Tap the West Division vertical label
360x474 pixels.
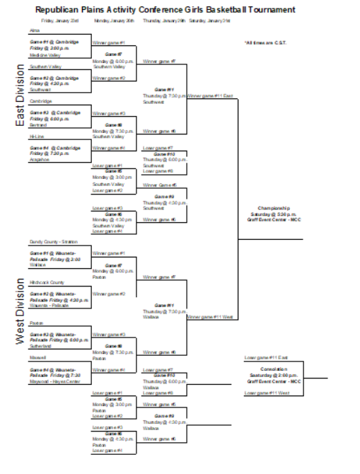click(x=20, y=311)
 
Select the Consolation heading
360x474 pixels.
click(x=274, y=369)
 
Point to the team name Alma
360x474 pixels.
click(x=34, y=30)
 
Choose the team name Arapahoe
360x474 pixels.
click(x=40, y=159)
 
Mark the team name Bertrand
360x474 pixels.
click(x=38, y=125)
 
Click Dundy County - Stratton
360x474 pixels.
click(x=53, y=242)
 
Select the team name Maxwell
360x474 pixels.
click(x=37, y=357)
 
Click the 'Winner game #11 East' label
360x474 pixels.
click(x=210, y=96)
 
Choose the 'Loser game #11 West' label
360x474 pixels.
click(x=267, y=393)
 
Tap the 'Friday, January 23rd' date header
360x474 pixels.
click(x=59, y=21)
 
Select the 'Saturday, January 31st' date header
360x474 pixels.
click(x=209, y=21)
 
